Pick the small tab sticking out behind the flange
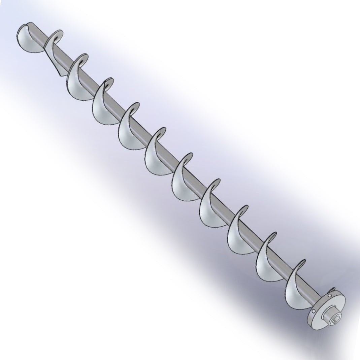coord(333,289)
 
